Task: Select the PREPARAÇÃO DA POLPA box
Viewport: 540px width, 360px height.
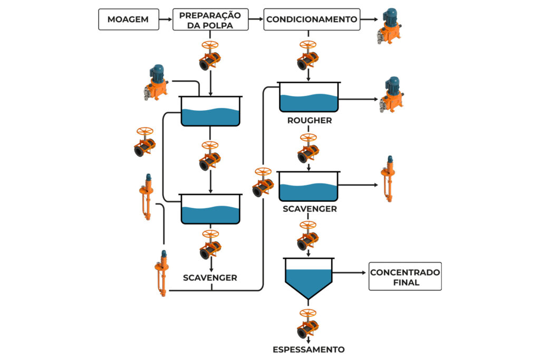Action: (x=210, y=20)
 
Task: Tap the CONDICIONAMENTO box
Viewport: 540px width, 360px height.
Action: (x=312, y=20)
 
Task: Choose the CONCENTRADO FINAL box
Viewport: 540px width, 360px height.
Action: (x=405, y=276)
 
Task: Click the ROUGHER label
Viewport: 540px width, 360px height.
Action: (x=309, y=120)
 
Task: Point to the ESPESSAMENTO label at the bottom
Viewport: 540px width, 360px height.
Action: (x=308, y=349)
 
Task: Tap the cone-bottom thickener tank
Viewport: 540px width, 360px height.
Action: (x=308, y=278)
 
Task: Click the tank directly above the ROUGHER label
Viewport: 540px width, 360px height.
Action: (x=308, y=97)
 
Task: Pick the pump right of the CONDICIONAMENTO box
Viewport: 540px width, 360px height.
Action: (x=390, y=25)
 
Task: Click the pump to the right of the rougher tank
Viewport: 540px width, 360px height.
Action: (x=391, y=94)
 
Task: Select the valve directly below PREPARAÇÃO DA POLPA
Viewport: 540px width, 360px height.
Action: (x=210, y=55)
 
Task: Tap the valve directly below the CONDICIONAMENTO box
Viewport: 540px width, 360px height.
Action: (x=308, y=55)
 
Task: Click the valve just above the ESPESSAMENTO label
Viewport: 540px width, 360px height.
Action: (x=308, y=324)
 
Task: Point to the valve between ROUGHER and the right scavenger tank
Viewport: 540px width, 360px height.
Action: (x=308, y=149)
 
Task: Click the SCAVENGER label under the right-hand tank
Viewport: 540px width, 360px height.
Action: (x=310, y=209)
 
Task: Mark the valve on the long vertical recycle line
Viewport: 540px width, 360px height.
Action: (x=263, y=182)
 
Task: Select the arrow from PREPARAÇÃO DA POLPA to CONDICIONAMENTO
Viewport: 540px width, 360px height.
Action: (x=256, y=20)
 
